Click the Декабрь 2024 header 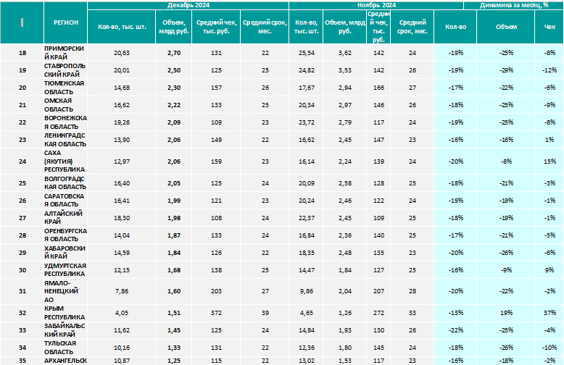(x=188, y=5)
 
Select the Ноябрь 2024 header (x=376, y=5)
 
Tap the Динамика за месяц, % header (x=514, y=5)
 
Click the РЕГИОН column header (x=66, y=22)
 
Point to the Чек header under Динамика (x=550, y=27)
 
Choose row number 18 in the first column (x=22, y=53)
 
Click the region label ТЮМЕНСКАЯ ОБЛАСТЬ (x=64, y=88)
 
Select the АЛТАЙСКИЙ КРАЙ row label (x=63, y=217)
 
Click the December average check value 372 (x=216, y=313)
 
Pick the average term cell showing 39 (x=265, y=313)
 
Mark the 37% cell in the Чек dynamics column (x=550, y=313)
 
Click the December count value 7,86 (x=122, y=291)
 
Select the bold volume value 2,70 (x=174, y=53)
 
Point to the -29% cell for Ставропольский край (x=506, y=70)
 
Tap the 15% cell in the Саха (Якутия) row (x=550, y=161)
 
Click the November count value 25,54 (x=307, y=53)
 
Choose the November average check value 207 (x=378, y=291)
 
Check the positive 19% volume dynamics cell (x=506, y=313)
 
